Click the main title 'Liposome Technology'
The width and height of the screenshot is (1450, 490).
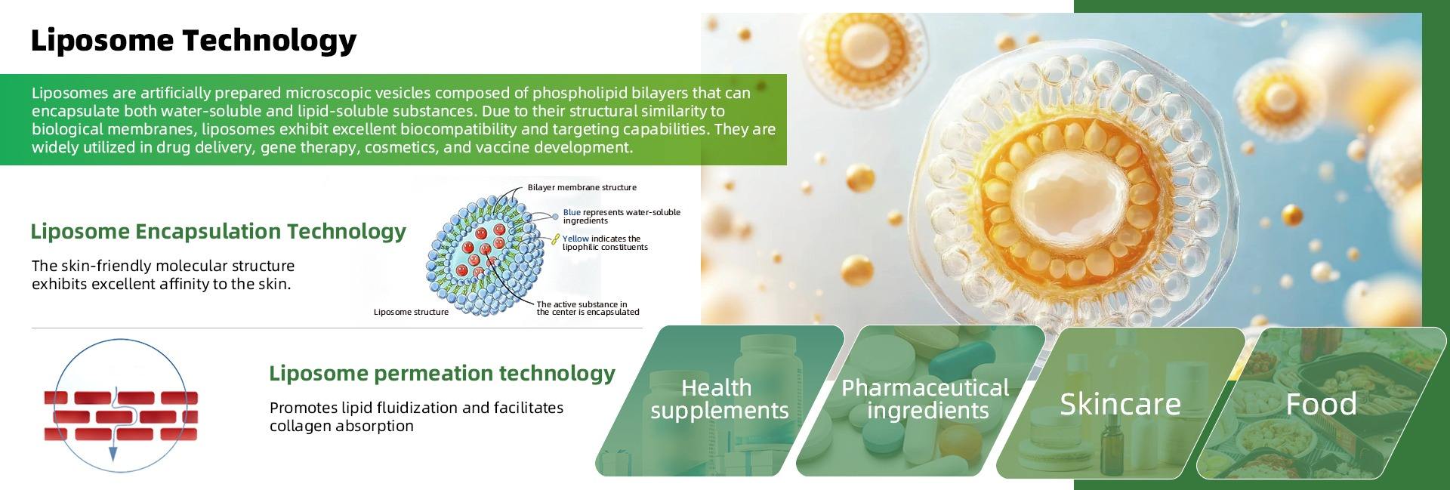(193, 40)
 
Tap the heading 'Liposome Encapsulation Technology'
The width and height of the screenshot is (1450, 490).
(218, 231)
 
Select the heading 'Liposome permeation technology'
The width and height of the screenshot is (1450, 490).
(442, 373)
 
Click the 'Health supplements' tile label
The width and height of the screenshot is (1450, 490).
(719, 399)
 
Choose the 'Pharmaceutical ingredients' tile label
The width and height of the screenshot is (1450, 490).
(926, 399)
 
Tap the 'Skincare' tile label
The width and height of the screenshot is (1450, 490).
(1120, 404)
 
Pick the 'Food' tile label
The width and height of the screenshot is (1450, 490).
(1321, 404)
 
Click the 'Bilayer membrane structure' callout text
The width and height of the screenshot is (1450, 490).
(582, 187)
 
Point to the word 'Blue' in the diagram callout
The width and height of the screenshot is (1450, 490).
(572, 212)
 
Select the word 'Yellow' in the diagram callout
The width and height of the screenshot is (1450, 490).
(575, 239)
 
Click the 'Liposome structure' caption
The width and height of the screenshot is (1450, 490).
(411, 312)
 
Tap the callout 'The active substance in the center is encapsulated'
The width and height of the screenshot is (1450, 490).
(587, 308)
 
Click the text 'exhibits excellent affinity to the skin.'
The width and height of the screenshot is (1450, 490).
(161, 285)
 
